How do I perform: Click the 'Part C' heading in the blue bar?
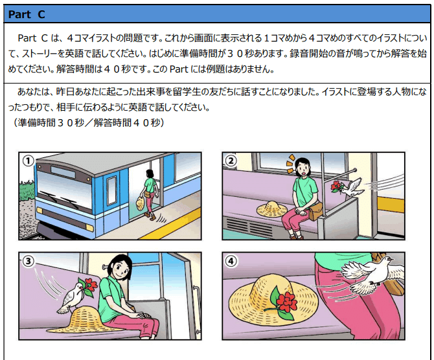[x=27, y=14]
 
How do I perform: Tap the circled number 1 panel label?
[x=28, y=161]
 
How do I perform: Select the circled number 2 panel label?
[x=231, y=161]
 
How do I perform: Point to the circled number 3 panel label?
[x=29, y=261]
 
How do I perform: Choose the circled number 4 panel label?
[x=231, y=261]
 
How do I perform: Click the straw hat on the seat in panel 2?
[x=272, y=209]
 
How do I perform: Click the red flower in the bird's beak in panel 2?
[x=336, y=186]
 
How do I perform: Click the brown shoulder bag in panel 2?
[x=315, y=211]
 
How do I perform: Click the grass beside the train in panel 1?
[x=27, y=192]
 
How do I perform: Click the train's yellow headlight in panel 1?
[x=89, y=227]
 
